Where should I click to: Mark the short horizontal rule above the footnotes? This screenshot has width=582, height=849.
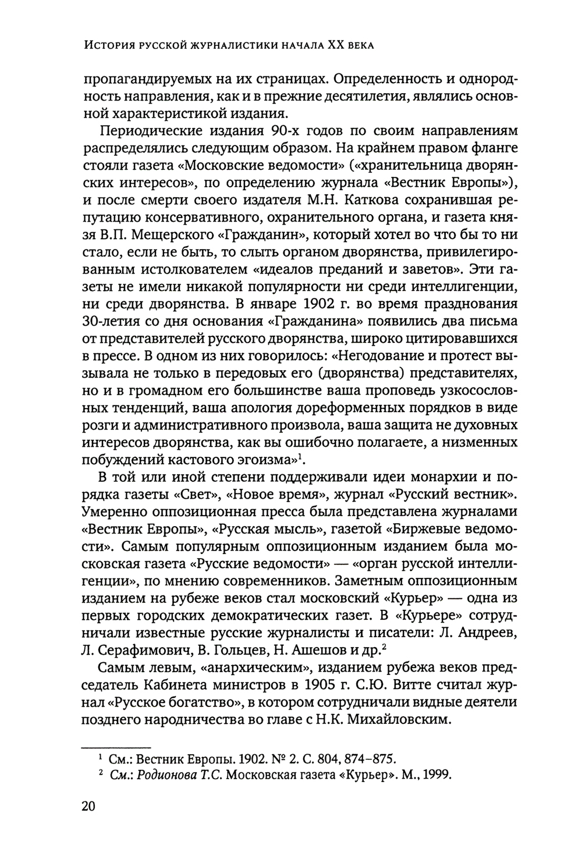(x=116, y=745)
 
